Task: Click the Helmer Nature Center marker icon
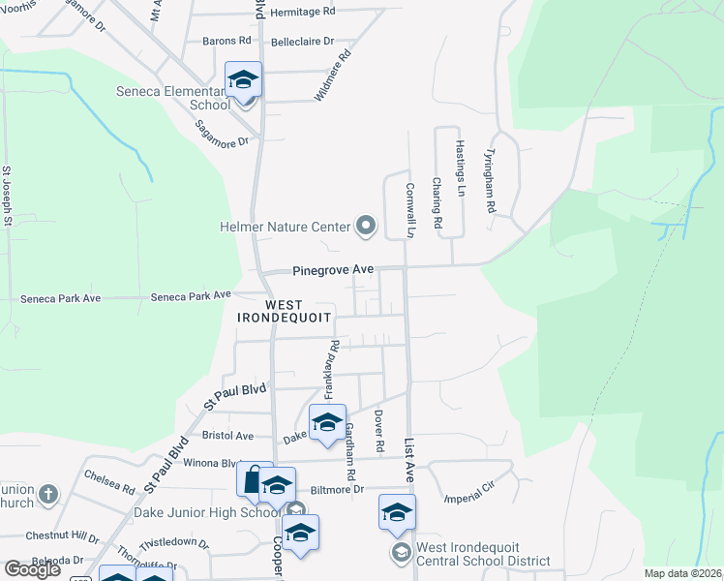pos(365,228)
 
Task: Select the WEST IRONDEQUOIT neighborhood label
pos(285,310)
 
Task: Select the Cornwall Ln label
pos(410,211)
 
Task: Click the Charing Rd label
pos(437,202)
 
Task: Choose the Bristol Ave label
pos(226,436)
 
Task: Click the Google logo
pos(32,569)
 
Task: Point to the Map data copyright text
pos(682,573)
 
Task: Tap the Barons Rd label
pos(226,42)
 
